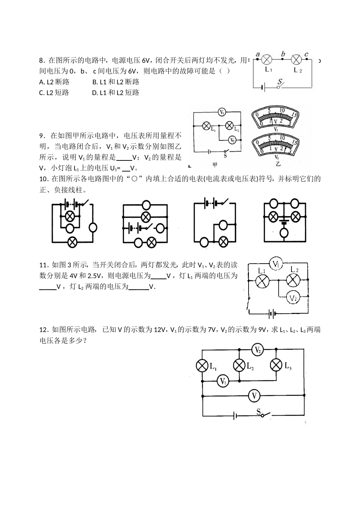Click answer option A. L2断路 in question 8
[x=54, y=82]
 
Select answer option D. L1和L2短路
[x=116, y=93]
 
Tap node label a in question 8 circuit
[x=258, y=54]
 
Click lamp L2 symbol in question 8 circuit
[x=296, y=60]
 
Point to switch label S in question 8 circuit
[x=280, y=81]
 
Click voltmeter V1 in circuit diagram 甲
[x=222, y=112]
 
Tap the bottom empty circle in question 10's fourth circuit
[x=284, y=233]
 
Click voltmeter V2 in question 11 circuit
[x=292, y=298]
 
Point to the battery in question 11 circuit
[x=272, y=314]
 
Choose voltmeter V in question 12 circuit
[x=254, y=396]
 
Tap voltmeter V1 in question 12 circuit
[x=223, y=381]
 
